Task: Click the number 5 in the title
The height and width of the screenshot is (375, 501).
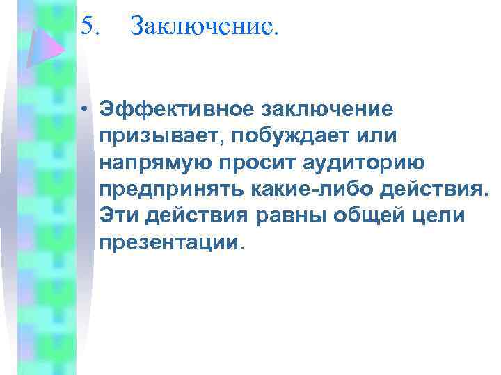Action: pyautogui.click(x=86, y=26)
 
